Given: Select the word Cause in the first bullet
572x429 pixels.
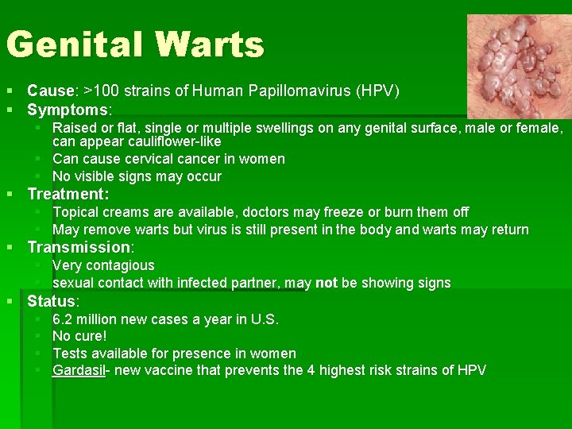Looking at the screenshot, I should click(49, 91).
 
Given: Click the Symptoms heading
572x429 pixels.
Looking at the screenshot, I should click(68, 110).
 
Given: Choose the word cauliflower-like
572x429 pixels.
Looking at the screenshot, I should click(171, 141).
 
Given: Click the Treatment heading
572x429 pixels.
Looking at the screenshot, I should click(68, 194).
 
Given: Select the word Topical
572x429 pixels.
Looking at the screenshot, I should click(76, 212).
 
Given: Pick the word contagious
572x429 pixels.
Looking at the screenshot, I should click(119, 265).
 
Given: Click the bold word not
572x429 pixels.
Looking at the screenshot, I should click(326, 283).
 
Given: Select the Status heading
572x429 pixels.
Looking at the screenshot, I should click(52, 301).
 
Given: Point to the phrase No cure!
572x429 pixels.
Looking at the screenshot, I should click(79, 336).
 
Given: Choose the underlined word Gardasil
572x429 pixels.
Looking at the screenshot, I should click(79, 370).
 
